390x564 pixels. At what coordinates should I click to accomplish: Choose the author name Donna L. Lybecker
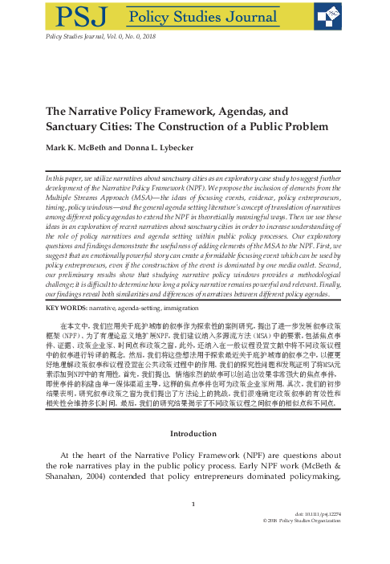[x=179, y=148]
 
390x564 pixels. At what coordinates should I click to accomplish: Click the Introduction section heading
[x=195, y=455]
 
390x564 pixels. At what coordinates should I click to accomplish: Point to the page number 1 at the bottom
[x=195, y=526]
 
